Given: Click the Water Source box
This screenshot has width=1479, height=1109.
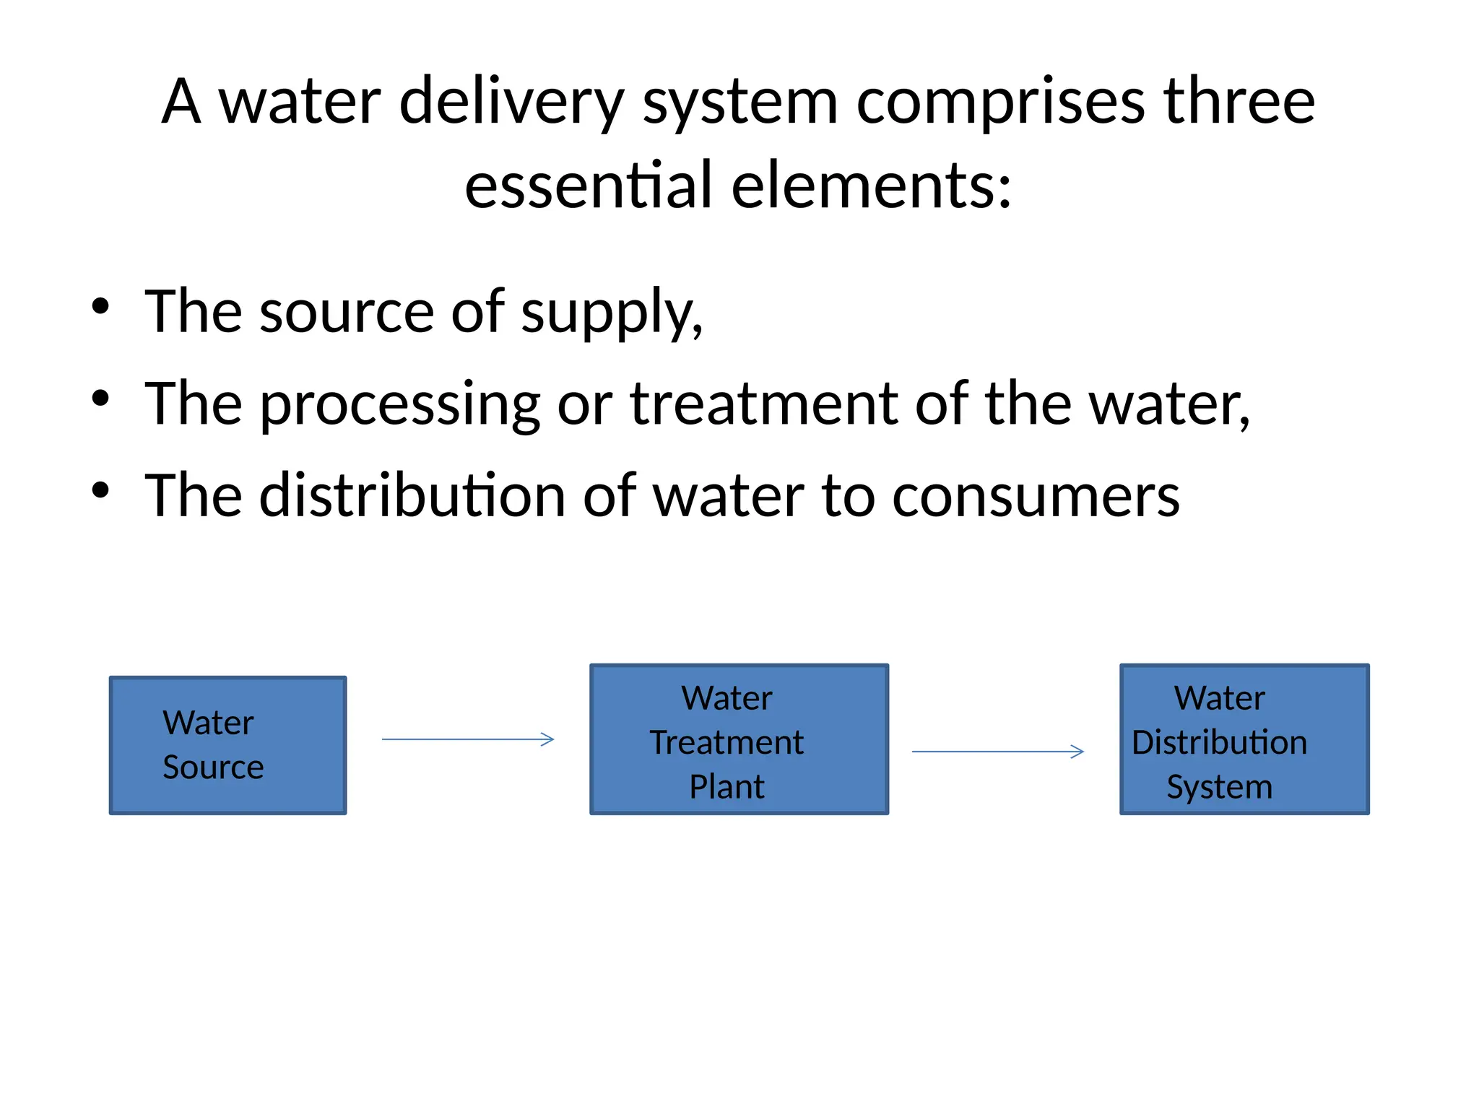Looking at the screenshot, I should click(227, 745).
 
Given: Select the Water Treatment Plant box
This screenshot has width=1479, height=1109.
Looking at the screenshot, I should click(739, 739).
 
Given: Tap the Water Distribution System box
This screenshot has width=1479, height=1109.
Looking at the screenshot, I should click(1244, 739).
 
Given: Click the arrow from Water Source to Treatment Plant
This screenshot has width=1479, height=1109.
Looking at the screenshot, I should click(468, 739).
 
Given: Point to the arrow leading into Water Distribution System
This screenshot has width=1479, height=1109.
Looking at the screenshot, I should click(998, 752).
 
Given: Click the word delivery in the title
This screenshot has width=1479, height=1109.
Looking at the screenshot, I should click(511, 103).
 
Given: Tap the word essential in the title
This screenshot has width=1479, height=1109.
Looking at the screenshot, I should click(589, 186).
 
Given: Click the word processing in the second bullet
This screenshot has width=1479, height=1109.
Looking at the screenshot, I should click(399, 406).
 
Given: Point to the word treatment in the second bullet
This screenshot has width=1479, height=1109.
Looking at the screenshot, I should click(764, 404).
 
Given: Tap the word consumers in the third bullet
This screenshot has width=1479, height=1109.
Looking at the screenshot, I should click(1036, 497).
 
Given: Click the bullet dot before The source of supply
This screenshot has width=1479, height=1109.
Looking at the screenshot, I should click(100, 306).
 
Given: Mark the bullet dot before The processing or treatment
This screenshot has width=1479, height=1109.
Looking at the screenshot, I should click(100, 398).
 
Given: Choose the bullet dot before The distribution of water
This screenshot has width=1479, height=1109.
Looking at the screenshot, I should click(100, 490).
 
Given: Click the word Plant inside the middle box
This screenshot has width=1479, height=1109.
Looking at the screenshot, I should click(727, 787).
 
